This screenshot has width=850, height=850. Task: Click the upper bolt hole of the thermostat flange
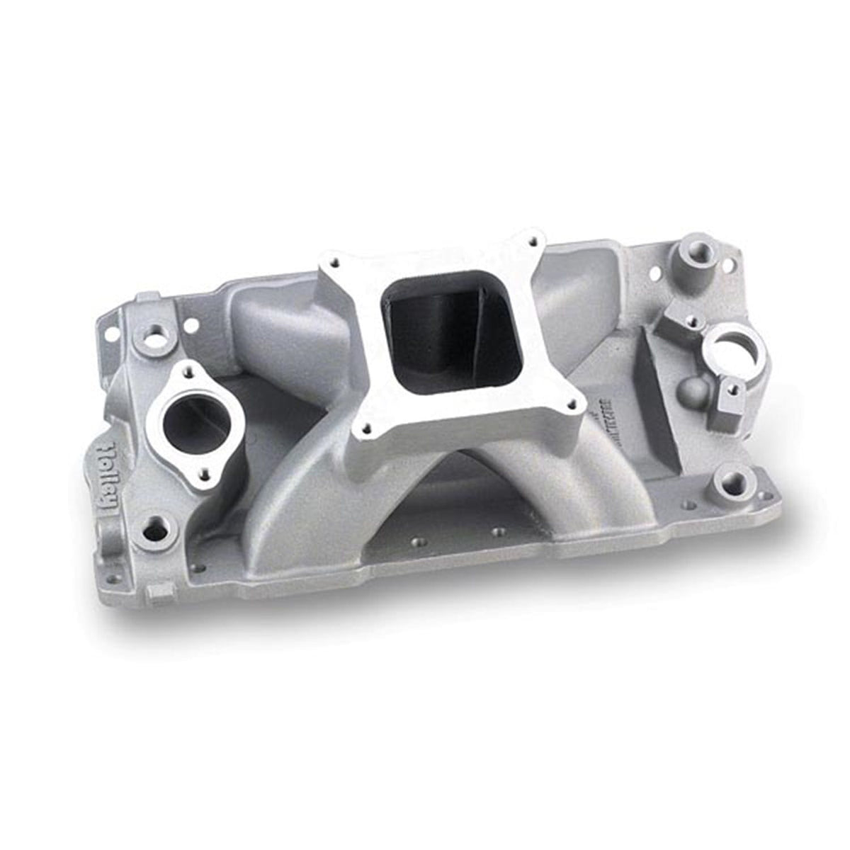[188, 369]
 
